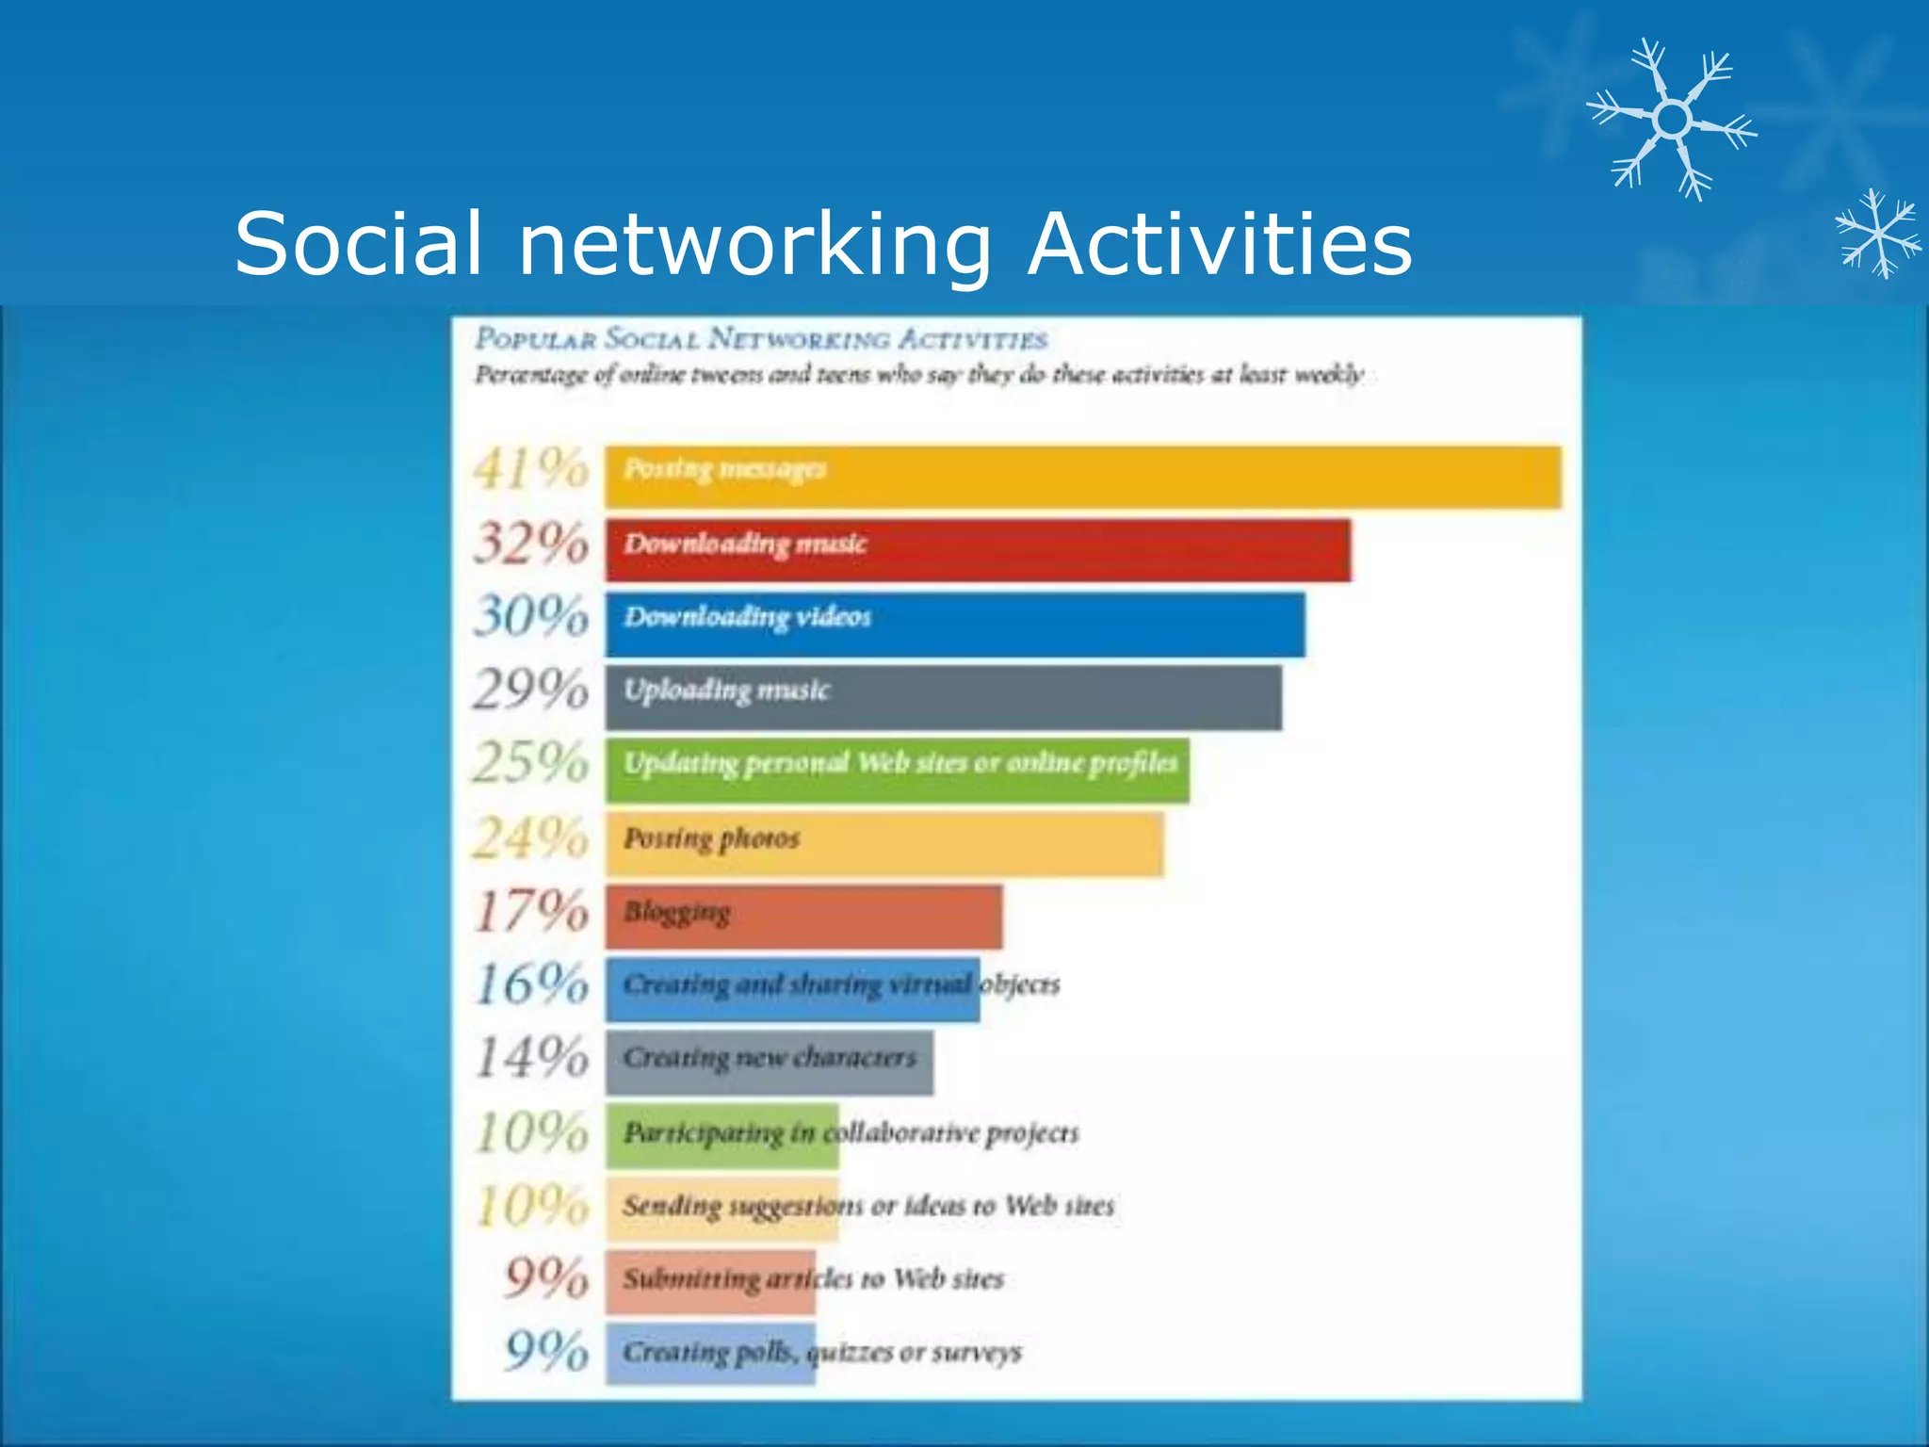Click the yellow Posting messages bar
pos(1083,478)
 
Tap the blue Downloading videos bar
pos(955,624)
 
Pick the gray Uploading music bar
pos(943,697)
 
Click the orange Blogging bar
pos(803,916)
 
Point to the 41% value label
pos(531,468)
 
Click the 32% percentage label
pos(531,544)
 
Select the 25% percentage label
pos(531,762)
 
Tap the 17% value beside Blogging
pos(531,911)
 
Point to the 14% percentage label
pos(531,1057)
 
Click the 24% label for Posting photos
pos(531,837)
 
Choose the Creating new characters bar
pos(769,1062)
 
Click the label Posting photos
pos(712,837)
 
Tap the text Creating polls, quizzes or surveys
pos(822,1352)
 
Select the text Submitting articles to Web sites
pos(814,1278)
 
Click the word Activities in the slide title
pos(1220,243)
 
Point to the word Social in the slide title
pos(358,243)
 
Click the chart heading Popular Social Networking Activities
pos(761,338)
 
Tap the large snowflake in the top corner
pos(1672,120)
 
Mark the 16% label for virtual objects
pos(531,984)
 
